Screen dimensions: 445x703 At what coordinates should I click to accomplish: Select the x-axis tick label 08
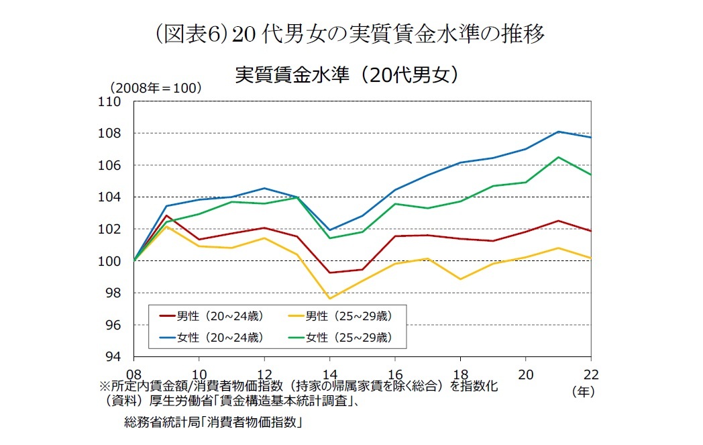pos(134,373)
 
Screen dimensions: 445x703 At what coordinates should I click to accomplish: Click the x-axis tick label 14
pos(330,373)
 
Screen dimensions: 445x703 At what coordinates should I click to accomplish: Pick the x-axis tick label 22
pos(590,373)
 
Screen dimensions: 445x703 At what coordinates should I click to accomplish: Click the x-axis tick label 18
pos(460,373)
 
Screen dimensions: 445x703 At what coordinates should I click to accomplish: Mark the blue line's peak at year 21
pos(559,132)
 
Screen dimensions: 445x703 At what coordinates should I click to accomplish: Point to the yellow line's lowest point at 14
pos(330,299)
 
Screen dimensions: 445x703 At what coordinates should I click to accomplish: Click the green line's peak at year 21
pos(559,157)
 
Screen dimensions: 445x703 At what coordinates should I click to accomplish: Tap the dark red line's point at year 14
pos(330,273)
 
